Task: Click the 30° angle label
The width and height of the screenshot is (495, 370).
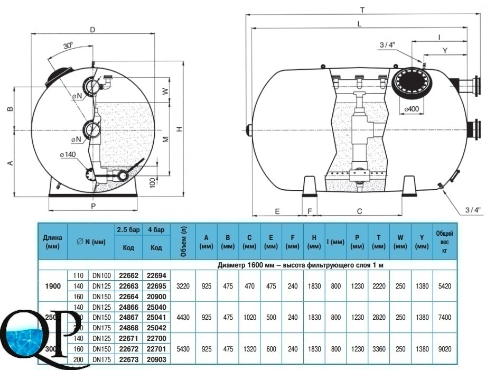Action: tap(68, 46)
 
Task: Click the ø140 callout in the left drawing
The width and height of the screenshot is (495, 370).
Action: tap(69, 154)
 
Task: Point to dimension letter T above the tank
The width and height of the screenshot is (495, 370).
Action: tap(361, 10)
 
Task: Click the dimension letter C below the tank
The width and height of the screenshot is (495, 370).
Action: tap(359, 211)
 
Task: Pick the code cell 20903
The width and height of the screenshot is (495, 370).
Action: tap(156, 359)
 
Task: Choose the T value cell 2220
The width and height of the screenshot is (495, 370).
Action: tap(379, 286)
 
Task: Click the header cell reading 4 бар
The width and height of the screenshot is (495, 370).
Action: tap(156, 229)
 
